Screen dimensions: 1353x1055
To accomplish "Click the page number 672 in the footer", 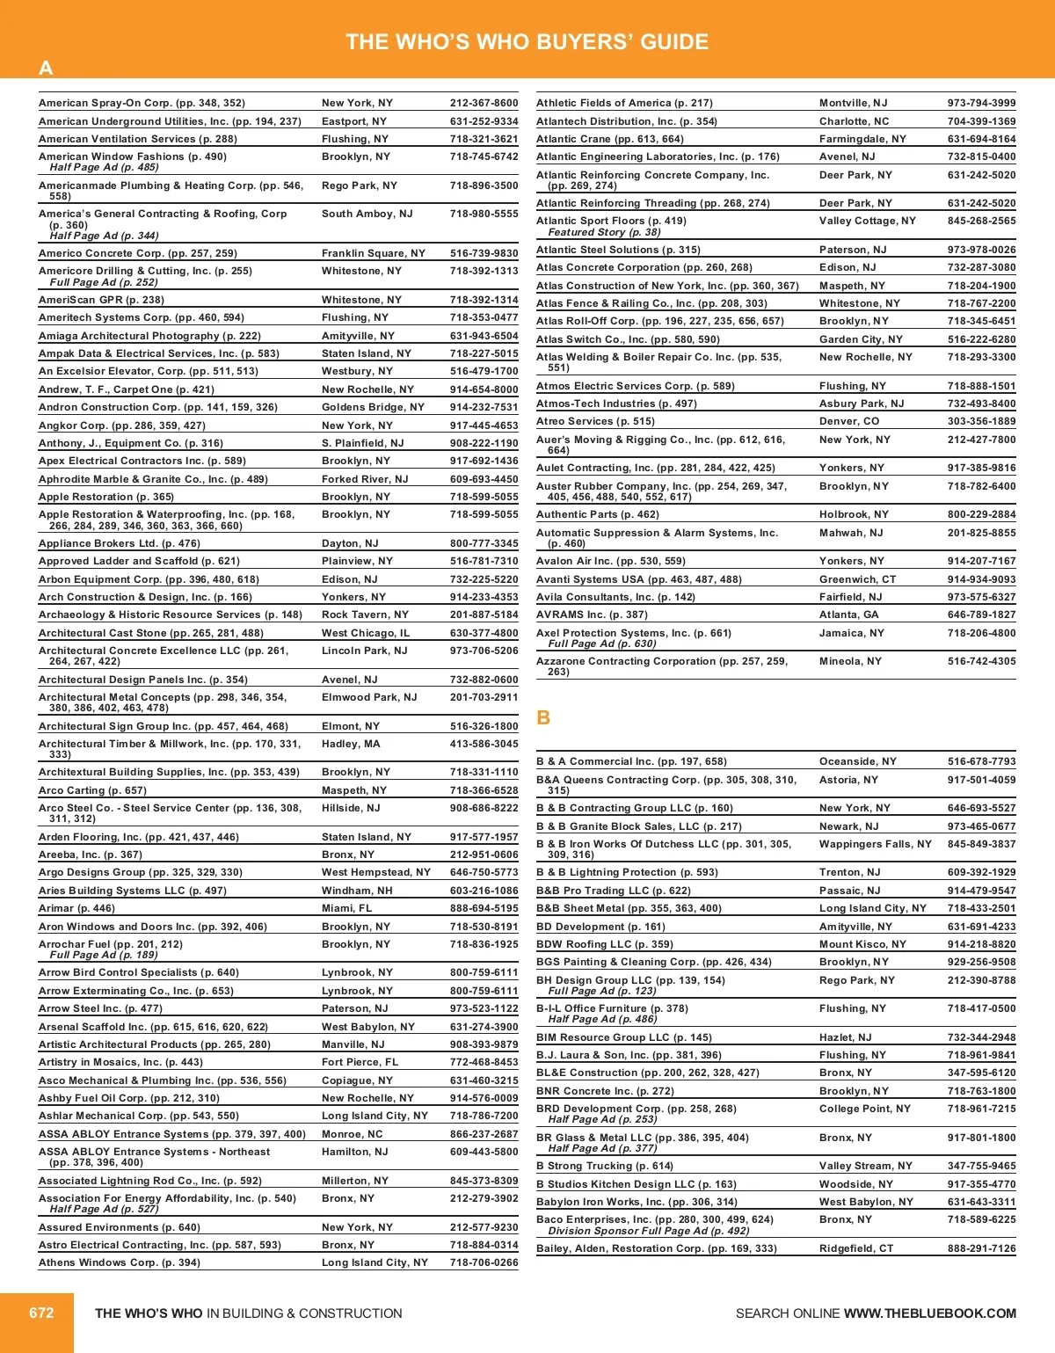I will tap(41, 1313).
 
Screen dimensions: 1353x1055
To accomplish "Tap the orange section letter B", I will tap(543, 717).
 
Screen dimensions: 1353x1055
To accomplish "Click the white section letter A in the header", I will tap(46, 68).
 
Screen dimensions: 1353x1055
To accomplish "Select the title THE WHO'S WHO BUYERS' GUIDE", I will tap(527, 41).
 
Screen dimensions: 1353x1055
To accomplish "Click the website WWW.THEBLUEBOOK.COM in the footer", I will tap(929, 1313).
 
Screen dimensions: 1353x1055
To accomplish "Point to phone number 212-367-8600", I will tap(484, 103).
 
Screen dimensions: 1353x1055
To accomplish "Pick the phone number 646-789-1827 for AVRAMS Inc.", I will tap(981, 615).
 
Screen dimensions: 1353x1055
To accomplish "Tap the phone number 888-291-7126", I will tap(981, 1248).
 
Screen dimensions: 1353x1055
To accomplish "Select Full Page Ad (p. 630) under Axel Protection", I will tap(601, 644).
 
